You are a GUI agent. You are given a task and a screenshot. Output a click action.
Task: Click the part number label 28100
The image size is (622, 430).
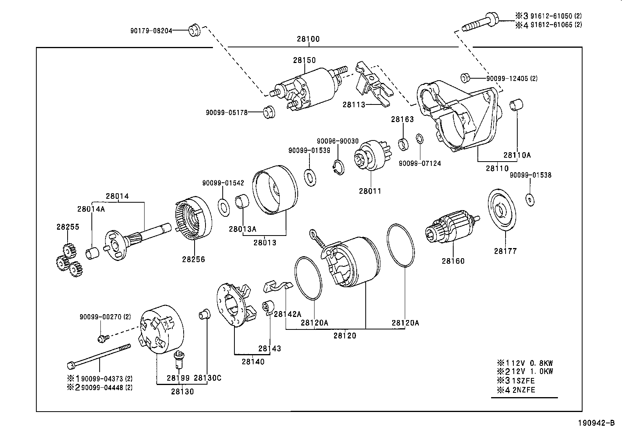[308, 39]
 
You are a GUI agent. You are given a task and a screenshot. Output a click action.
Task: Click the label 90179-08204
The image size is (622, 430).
[151, 30]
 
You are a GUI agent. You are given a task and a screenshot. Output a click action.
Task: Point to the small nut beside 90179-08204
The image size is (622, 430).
[194, 30]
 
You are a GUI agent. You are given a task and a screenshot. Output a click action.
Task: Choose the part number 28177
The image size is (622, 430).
[505, 251]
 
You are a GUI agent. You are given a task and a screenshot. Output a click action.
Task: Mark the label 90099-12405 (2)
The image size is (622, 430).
[511, 78]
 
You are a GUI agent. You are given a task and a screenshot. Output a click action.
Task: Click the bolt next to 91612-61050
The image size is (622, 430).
[481, 21]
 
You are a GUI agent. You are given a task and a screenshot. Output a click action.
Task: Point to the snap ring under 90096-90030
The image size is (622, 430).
[338, 167]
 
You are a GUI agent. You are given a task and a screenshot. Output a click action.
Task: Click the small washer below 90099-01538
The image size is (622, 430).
[530, 199]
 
